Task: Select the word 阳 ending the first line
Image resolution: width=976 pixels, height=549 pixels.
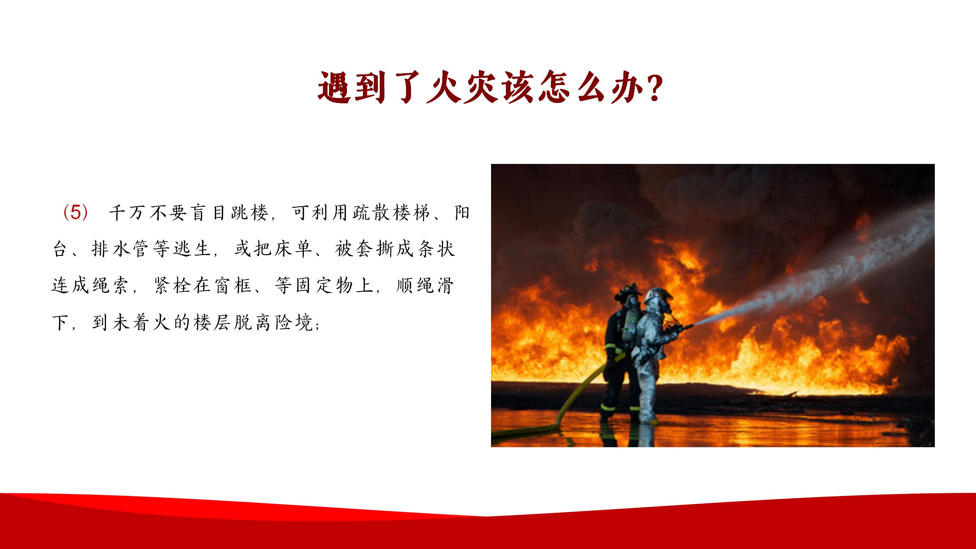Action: pos(462,213)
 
